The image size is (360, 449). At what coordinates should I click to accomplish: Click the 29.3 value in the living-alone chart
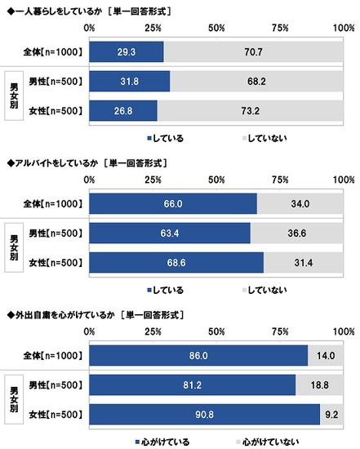(126, 52)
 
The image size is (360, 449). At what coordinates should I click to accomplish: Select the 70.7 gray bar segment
(254, 52)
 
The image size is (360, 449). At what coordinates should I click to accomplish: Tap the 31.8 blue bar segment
(129, 82)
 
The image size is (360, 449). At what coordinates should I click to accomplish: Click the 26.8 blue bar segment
(122, 110)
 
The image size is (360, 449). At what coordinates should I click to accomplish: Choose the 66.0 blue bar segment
(172, 204)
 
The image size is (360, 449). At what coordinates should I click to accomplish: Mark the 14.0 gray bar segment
(326, 356)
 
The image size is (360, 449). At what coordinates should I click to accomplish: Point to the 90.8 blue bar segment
(204, 414)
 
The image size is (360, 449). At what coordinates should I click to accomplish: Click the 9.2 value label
(334, 414)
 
